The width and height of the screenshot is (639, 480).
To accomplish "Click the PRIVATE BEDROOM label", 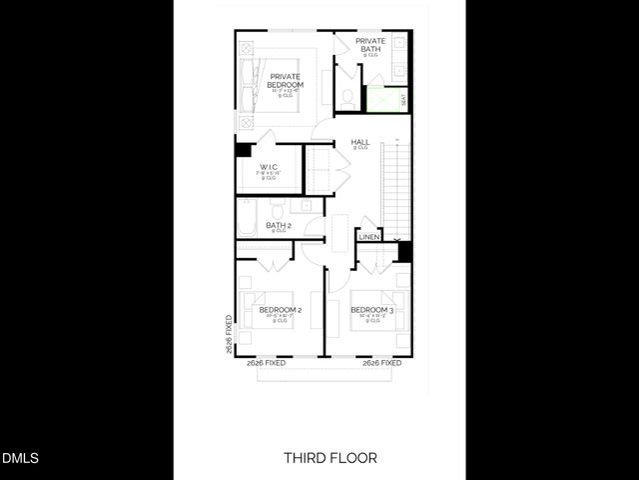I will pos(285,80).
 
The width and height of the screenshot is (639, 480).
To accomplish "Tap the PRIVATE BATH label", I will pos(370,44).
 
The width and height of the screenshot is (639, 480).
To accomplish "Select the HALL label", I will pos(360,143).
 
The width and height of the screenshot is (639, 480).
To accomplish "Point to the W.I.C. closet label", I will pos(269,167).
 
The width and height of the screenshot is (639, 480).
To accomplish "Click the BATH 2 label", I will pos(278,226).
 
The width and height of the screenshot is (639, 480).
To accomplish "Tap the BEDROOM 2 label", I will pos(281,310).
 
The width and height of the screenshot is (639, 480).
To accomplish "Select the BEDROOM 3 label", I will pos(371,310).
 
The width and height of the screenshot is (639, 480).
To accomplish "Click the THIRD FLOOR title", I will pos(330,458).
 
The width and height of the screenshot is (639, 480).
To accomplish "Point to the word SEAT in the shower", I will pos(403,100).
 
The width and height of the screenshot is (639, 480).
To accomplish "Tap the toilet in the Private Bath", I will pos(345,98).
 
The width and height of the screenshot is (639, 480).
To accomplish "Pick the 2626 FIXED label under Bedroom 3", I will pos(381,363).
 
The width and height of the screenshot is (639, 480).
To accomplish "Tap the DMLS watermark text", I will pos(20,459).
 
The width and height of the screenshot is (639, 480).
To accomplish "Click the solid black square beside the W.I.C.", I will pos(243,150).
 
